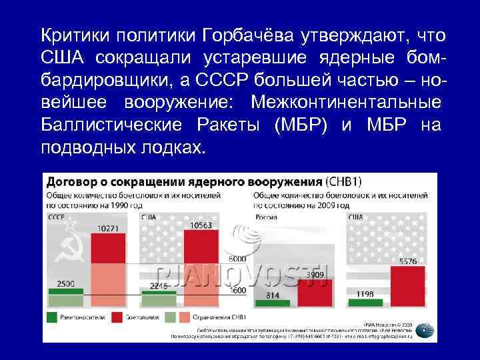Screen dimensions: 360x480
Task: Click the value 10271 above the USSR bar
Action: coord(107,229)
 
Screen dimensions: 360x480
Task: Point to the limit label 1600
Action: coord(238,291)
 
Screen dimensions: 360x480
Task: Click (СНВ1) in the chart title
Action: coord(348,180)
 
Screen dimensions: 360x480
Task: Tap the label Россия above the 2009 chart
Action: coord(267,217)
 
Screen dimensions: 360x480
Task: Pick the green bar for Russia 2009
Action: coord(273,303)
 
